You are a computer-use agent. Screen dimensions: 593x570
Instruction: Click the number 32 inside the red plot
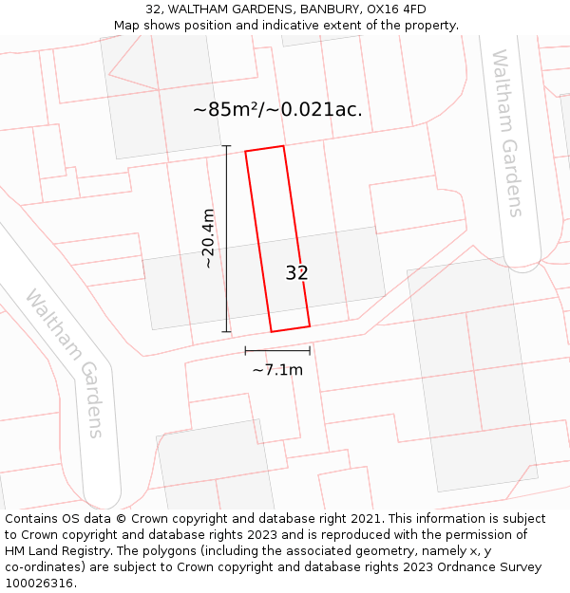tap(297, 273)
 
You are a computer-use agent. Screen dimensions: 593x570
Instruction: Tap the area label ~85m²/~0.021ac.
tap(277, 109)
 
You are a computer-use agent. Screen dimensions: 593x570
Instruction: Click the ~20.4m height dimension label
tap(208, 238)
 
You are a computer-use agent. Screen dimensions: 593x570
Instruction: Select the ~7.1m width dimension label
tap(277, 370)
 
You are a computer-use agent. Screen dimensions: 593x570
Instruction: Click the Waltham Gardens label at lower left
tap(65, 362)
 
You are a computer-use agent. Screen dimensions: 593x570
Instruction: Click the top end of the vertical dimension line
tap(226, 146)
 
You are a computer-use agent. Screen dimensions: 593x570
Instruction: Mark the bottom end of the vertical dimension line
tap(226, 332)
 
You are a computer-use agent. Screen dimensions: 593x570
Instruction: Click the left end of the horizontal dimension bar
tap(245, 351)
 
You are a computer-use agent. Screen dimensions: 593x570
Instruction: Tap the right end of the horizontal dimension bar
tap(310, 351)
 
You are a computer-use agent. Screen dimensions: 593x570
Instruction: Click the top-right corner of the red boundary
tap(283, 146)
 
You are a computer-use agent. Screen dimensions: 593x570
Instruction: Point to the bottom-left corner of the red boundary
tap(272, 332)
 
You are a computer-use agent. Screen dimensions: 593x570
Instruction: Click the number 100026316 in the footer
tap(39, 584)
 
